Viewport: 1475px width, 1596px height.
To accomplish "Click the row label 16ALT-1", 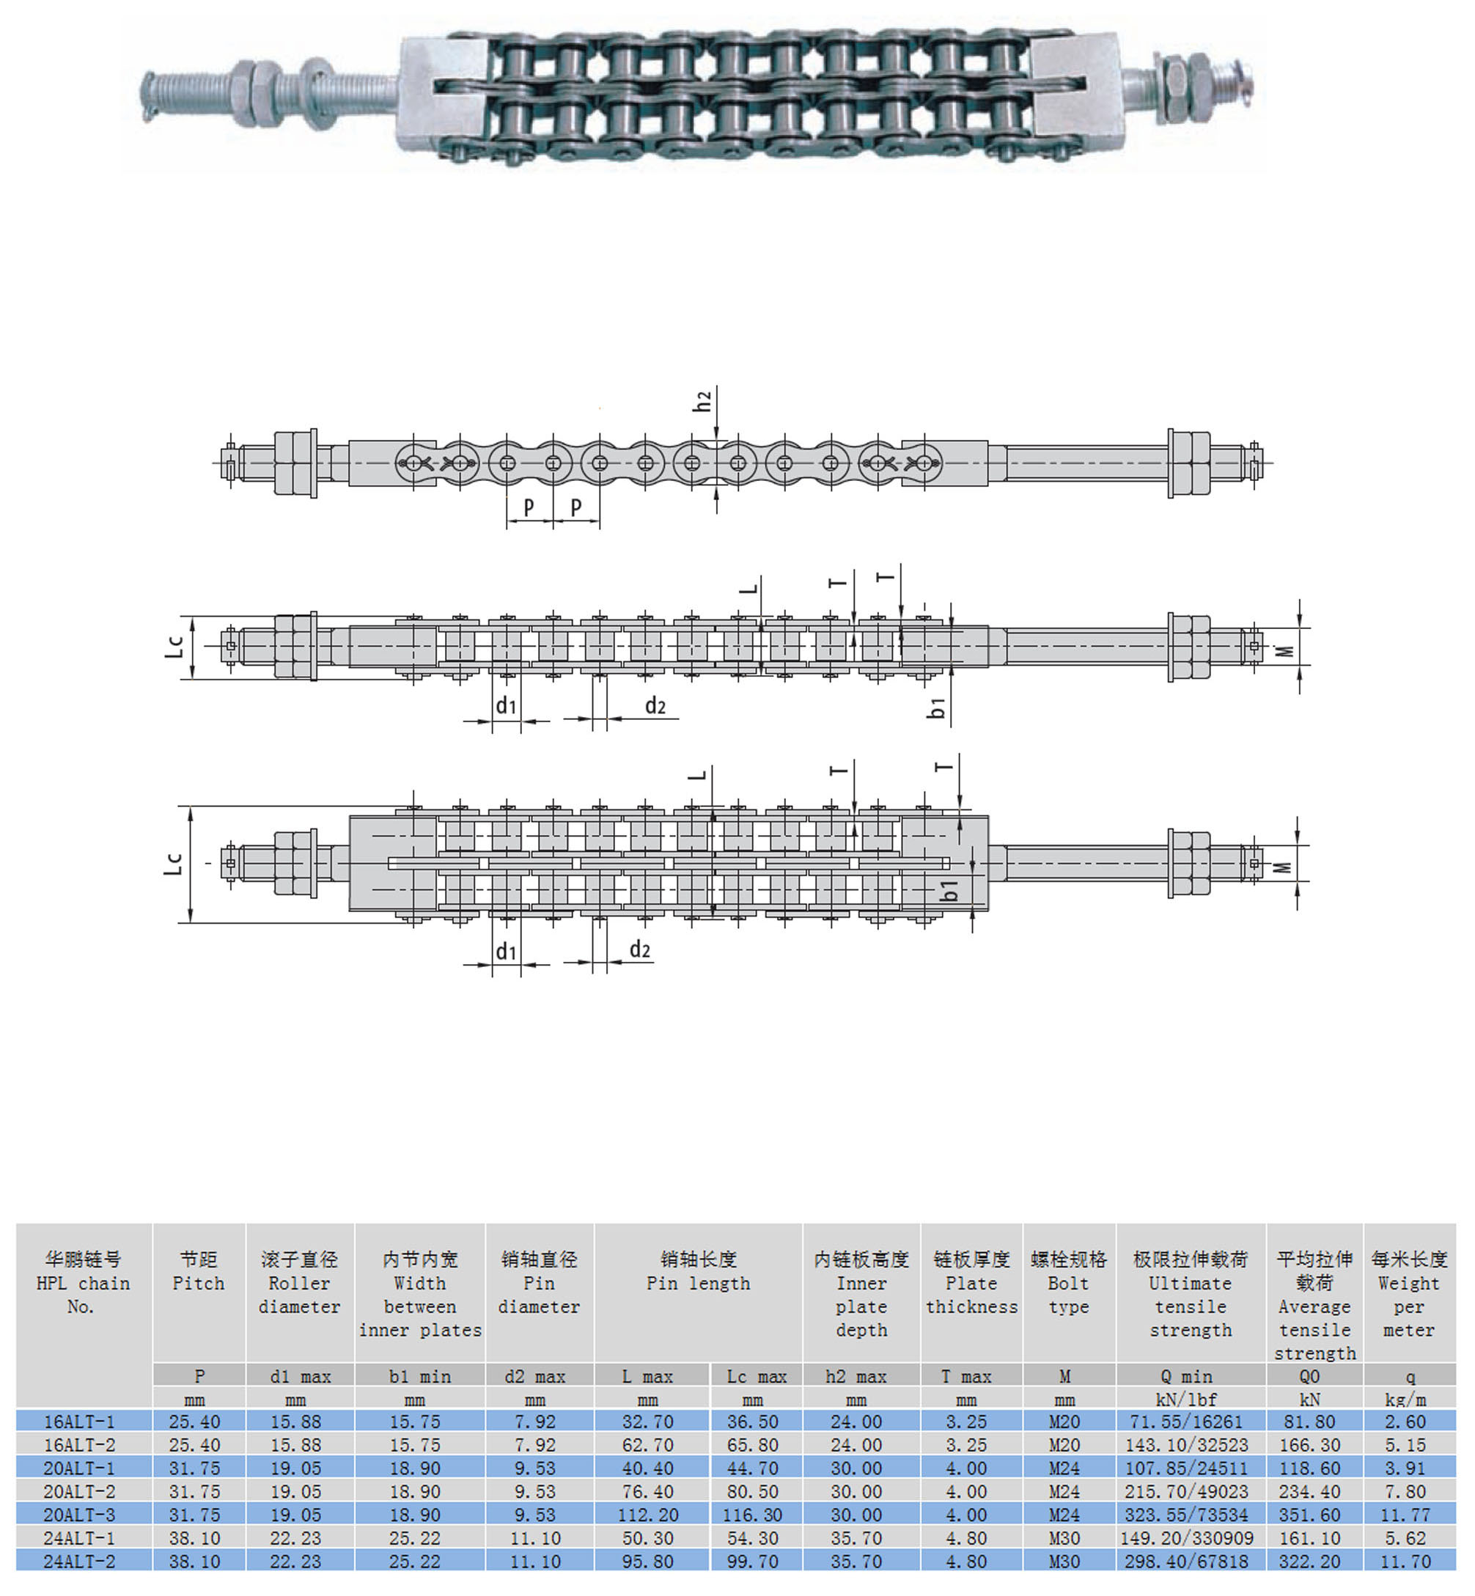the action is point(79,1422).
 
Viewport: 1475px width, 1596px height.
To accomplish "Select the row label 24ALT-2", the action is point(79,1562).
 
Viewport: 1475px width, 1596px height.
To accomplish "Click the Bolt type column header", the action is point(1069,1283).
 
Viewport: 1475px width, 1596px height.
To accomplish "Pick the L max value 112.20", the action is point(648,1515).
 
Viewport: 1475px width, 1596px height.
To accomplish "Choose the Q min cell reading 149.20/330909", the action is point(1190,1539).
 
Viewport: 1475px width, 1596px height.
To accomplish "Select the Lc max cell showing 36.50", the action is point(753,1422).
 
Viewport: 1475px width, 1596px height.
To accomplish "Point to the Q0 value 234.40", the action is point(1310,1492).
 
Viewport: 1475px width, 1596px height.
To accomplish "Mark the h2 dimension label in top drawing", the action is point(702,400).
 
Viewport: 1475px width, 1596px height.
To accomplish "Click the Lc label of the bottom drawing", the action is point(174,864).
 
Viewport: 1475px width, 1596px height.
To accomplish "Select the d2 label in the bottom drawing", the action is point(640,949).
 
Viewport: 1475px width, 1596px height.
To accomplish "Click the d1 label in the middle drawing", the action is point(506,705).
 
